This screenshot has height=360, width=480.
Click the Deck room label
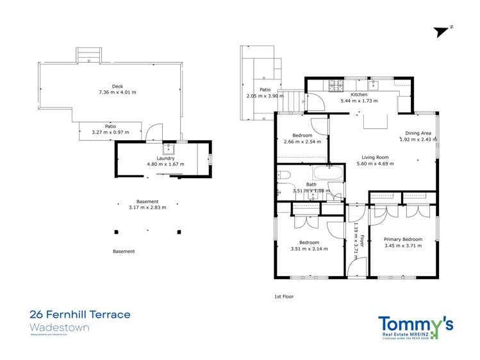(x=117, y=86)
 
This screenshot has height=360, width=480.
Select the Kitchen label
(x=358, y=94)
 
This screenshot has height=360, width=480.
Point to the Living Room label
(x=375, y=157)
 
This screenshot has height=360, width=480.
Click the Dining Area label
(x=418, y=133)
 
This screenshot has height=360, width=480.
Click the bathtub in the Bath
(x=327, y=173)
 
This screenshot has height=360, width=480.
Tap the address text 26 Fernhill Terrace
(x=80, y=315)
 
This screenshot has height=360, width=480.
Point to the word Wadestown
(x=60, y=327)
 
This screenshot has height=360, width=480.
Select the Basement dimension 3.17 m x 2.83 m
(x=147, y=208)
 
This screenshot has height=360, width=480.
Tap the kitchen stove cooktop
(x=336, y=85)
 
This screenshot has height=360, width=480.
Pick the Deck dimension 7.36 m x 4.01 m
(x=117, y=93)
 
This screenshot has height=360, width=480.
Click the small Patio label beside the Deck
(x=101, y=126)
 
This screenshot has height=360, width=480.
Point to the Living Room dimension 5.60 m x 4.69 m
(x=375, y=164)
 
